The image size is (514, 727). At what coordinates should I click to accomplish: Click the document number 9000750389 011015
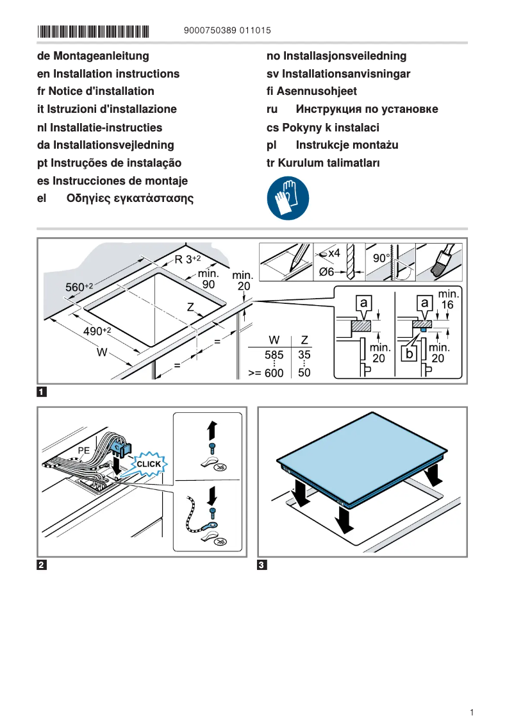(227, 31)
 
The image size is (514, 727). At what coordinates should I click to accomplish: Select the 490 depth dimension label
(97, 331)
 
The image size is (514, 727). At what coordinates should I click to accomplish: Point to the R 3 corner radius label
(187, 260)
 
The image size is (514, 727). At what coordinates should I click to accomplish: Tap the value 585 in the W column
(274, 354)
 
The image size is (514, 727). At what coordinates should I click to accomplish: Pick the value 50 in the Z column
(304, 372)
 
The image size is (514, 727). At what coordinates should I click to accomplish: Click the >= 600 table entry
(265, 372)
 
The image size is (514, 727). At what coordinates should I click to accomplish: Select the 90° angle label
(381, 258)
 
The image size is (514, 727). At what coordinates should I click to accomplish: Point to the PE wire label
(83, 451)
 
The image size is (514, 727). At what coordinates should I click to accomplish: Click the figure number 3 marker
(261, 565)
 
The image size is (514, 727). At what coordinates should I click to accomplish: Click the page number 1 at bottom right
(472, 712)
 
